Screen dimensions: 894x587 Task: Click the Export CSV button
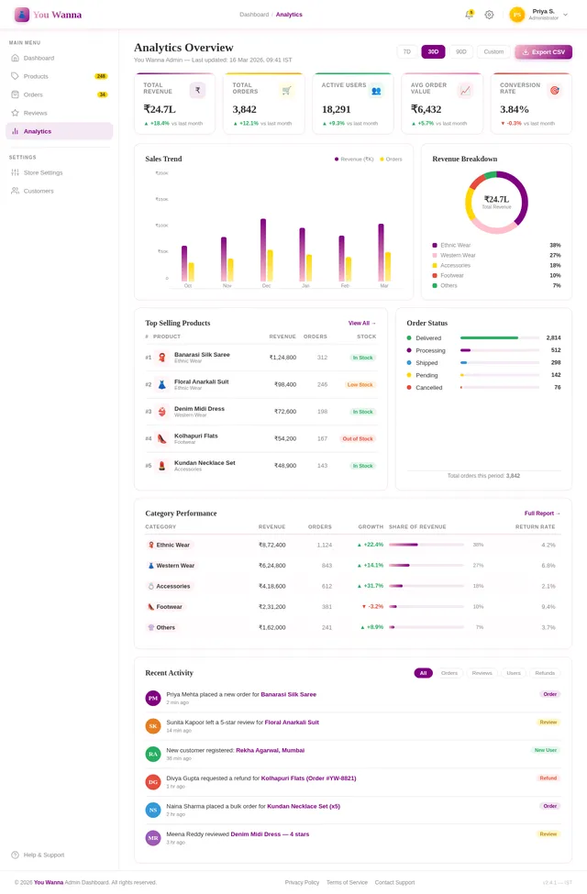pyautogui.click(x=544, y=52)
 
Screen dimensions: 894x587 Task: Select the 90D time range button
pyautogui.click(x=460, y=52)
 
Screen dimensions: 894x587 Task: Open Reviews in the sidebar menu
pyautogui.click(x=36, y=113)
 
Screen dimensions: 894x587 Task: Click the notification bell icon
pyautogui.click(x=469, y=15)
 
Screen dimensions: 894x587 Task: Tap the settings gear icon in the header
pyautogui.click(x=489, y=15)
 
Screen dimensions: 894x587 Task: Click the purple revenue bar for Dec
pyautogui.click(x=263, y=249)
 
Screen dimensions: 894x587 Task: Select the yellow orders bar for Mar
pyautogui.click(x=388, y=266)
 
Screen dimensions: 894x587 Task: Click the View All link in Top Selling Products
pyautogui.click(x=361, y=323)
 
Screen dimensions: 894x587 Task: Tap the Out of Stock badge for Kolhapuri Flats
pyautogui.click(x=358, y=439)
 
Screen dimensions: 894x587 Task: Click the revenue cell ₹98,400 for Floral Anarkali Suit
pyautogui.click(x=282, y=384)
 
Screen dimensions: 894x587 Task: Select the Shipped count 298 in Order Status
pyautogui.click(x=555, y=362)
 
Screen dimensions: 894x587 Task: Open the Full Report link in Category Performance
pyautogui.click(x=542, y=513)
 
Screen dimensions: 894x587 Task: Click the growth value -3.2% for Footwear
pyautogui.click(x=371, y=606)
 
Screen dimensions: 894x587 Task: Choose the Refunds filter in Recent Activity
pyautogui.click(x=545, y=673)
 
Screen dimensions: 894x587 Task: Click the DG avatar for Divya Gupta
pyautogui.click(x=153, y=782)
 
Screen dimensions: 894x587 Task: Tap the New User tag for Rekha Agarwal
pyautogui.click(x=545, y=749)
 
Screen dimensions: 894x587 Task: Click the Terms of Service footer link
pyautogui.click(x=347, y=882)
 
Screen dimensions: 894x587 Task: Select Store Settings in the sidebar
pyautogui.click(x=43, y=172)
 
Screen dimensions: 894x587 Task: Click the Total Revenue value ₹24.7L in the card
pyautogui.click(x=160, y=109)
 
